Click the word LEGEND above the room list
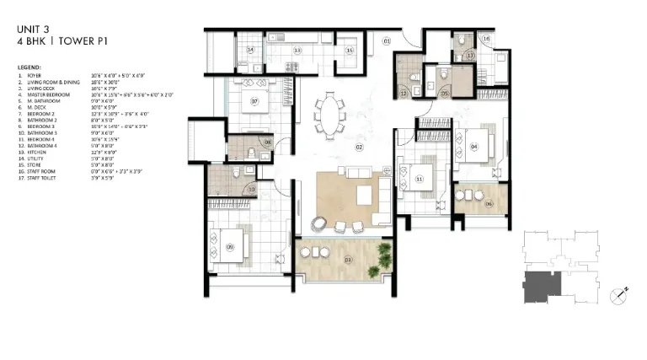(x=29, y=67)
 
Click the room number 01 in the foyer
(x=387, y=40)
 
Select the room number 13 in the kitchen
(x=297, y=51)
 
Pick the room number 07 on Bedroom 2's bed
(x=254, y=104)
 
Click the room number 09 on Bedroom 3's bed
(x=229, y=246)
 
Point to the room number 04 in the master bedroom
(x=474, y=147)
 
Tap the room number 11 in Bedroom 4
(x=418, y=178)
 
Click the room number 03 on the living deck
(x=325, y=260)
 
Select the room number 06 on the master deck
(x=488, y=203)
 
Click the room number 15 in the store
(x=350, y=51)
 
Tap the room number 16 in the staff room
(x=487, y=39)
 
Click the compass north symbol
(x=618, y=295)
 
